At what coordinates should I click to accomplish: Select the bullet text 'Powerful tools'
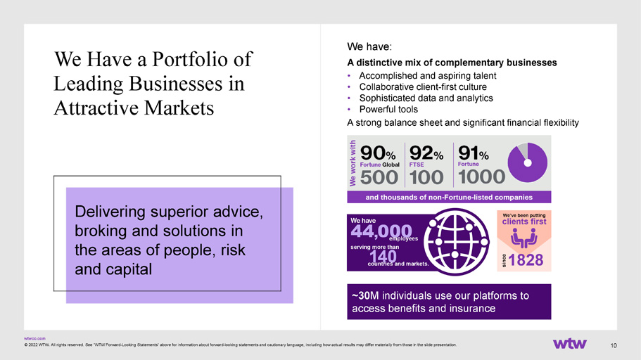(x=388, y=110)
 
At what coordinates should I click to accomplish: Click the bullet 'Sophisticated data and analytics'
(x=426, y=98)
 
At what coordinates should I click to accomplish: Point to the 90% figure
(x=378, y=153)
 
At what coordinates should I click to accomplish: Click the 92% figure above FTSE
(x=426, y=153)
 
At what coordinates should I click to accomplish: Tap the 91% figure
(x=474, y=153)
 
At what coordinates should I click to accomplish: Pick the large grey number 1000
(x=481, y=177)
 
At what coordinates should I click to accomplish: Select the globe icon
(x=456, y=241)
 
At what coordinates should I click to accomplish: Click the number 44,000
(x=381, y=232)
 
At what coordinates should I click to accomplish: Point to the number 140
(x=383, y=257)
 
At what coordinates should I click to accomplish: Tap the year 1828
(x=526, y=260)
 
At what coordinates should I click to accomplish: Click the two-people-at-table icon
(x=524, y=238)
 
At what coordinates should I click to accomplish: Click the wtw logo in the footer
(x=570, y=344)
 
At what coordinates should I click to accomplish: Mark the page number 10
(x=613, y=346)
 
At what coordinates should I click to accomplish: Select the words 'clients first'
(x=524, y=221)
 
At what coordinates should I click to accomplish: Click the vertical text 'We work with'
(x=353, y=163)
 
